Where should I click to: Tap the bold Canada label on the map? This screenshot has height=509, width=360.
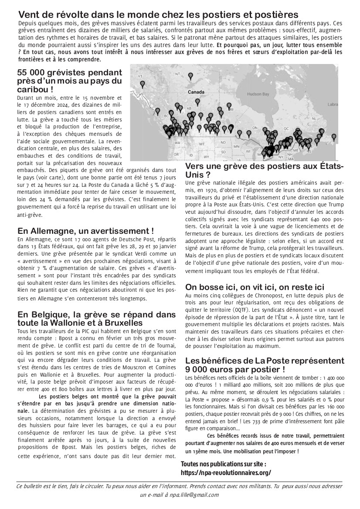(x=196, y=92)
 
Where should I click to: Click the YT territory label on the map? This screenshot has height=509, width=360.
(x=140, y=77)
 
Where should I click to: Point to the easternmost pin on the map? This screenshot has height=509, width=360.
(x=334, y=137)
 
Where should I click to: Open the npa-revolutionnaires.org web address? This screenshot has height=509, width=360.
(x=226, y=472)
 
